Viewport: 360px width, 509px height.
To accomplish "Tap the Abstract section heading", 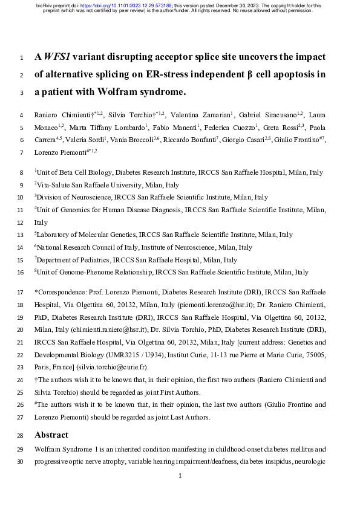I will click(x=51, y=435).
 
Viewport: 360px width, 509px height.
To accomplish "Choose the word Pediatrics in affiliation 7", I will click(x=91, y=260).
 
